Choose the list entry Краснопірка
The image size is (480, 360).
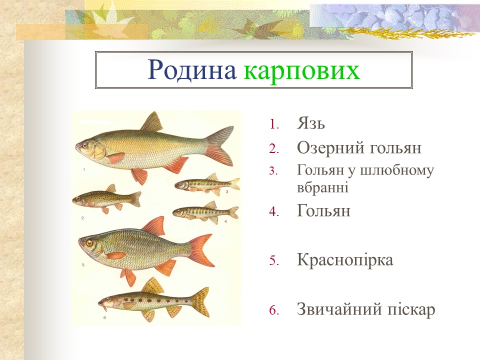345,260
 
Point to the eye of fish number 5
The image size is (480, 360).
89,243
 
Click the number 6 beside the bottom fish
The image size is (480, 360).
104,317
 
